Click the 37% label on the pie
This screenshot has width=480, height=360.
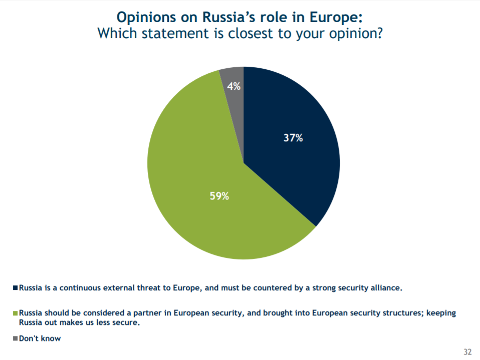(293, 138)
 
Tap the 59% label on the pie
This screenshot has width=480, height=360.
(219, 196)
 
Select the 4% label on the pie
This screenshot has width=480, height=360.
(233, 86)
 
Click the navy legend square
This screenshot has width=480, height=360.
(15, 288)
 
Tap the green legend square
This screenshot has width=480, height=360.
(15, 313)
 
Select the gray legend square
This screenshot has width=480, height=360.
(15, 338)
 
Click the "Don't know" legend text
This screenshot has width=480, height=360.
(40, 338)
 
